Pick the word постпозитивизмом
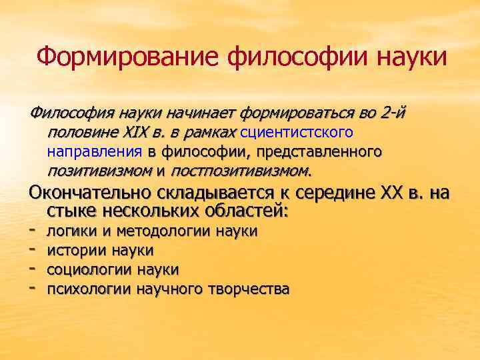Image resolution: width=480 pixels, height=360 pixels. pos(240,171)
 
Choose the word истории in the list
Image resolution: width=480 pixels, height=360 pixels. pos(73,251)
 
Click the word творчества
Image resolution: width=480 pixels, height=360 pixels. pos(247,289)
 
